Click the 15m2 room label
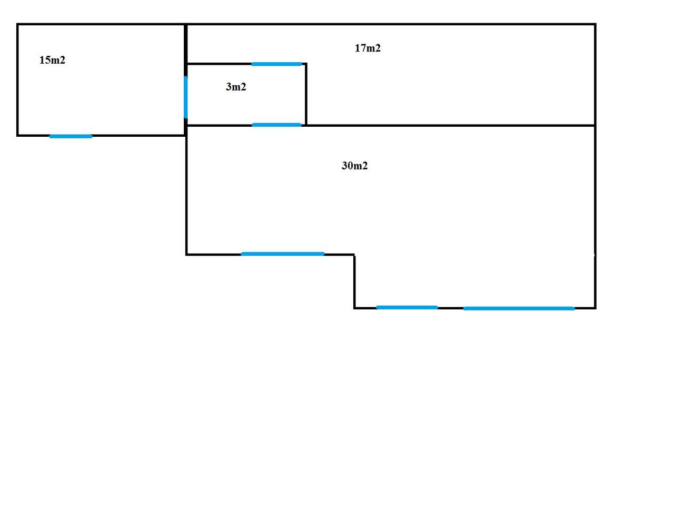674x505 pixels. (52, 60)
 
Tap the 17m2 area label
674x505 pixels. (368, 48)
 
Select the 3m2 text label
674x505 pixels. (236, 87)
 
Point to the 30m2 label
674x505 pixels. (354, 166)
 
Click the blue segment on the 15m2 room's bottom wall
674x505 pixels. (71, 136)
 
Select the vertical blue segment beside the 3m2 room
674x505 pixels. (185, 97)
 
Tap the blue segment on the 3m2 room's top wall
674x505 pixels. (276, 64)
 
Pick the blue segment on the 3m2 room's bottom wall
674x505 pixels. (276, 125)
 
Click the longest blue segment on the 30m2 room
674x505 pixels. (519, 308)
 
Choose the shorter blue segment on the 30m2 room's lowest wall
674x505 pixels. (407, 308)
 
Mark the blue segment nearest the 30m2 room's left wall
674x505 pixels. (282, 254)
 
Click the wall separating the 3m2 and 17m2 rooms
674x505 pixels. (306, 95)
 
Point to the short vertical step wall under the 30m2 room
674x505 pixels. (355, 281)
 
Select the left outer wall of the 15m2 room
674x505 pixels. (18, 80)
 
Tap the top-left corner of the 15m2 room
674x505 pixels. (18, 24)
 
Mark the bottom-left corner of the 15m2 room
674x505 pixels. (18, 135)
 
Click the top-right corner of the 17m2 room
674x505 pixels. (595, 24)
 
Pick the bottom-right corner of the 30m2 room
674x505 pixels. (595, 308)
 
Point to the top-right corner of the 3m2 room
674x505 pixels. (306, 64)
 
